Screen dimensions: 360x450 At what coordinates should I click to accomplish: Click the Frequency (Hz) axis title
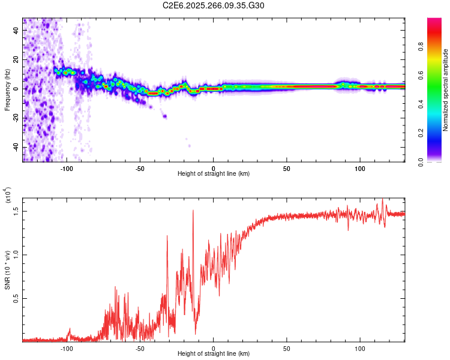[x=7, y=89]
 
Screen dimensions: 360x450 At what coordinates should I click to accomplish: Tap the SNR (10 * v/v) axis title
[x=7, y=270]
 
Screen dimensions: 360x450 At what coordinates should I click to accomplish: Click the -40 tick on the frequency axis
[x=16, y=147]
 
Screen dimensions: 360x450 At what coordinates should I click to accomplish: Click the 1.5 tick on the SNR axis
[x=16, y=211]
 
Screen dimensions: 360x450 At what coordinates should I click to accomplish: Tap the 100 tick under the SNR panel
[x=361, y=348]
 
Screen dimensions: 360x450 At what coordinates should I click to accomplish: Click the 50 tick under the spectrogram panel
[x=287, y=167]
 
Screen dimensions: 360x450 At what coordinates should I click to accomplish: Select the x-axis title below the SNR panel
[x=214, y=355]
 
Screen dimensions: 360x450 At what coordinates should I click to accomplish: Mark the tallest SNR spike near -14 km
[x=193, y=210]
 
